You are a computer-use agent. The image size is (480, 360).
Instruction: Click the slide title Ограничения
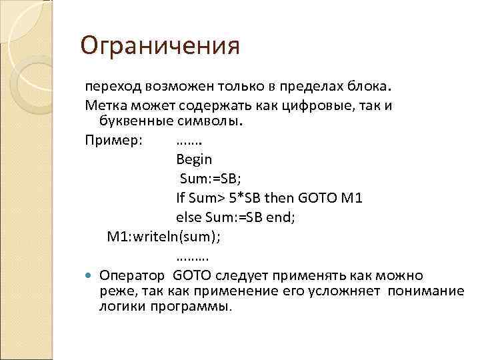pyautogui.click(x=159, y=47)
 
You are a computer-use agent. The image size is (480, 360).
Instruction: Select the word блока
pyautogui.click(x=371, y=87)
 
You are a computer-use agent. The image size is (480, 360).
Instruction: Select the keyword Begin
pyautogui.click(x=194, y=159)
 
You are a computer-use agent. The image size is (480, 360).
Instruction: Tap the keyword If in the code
pyautogui.click(x=180, y=198)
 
